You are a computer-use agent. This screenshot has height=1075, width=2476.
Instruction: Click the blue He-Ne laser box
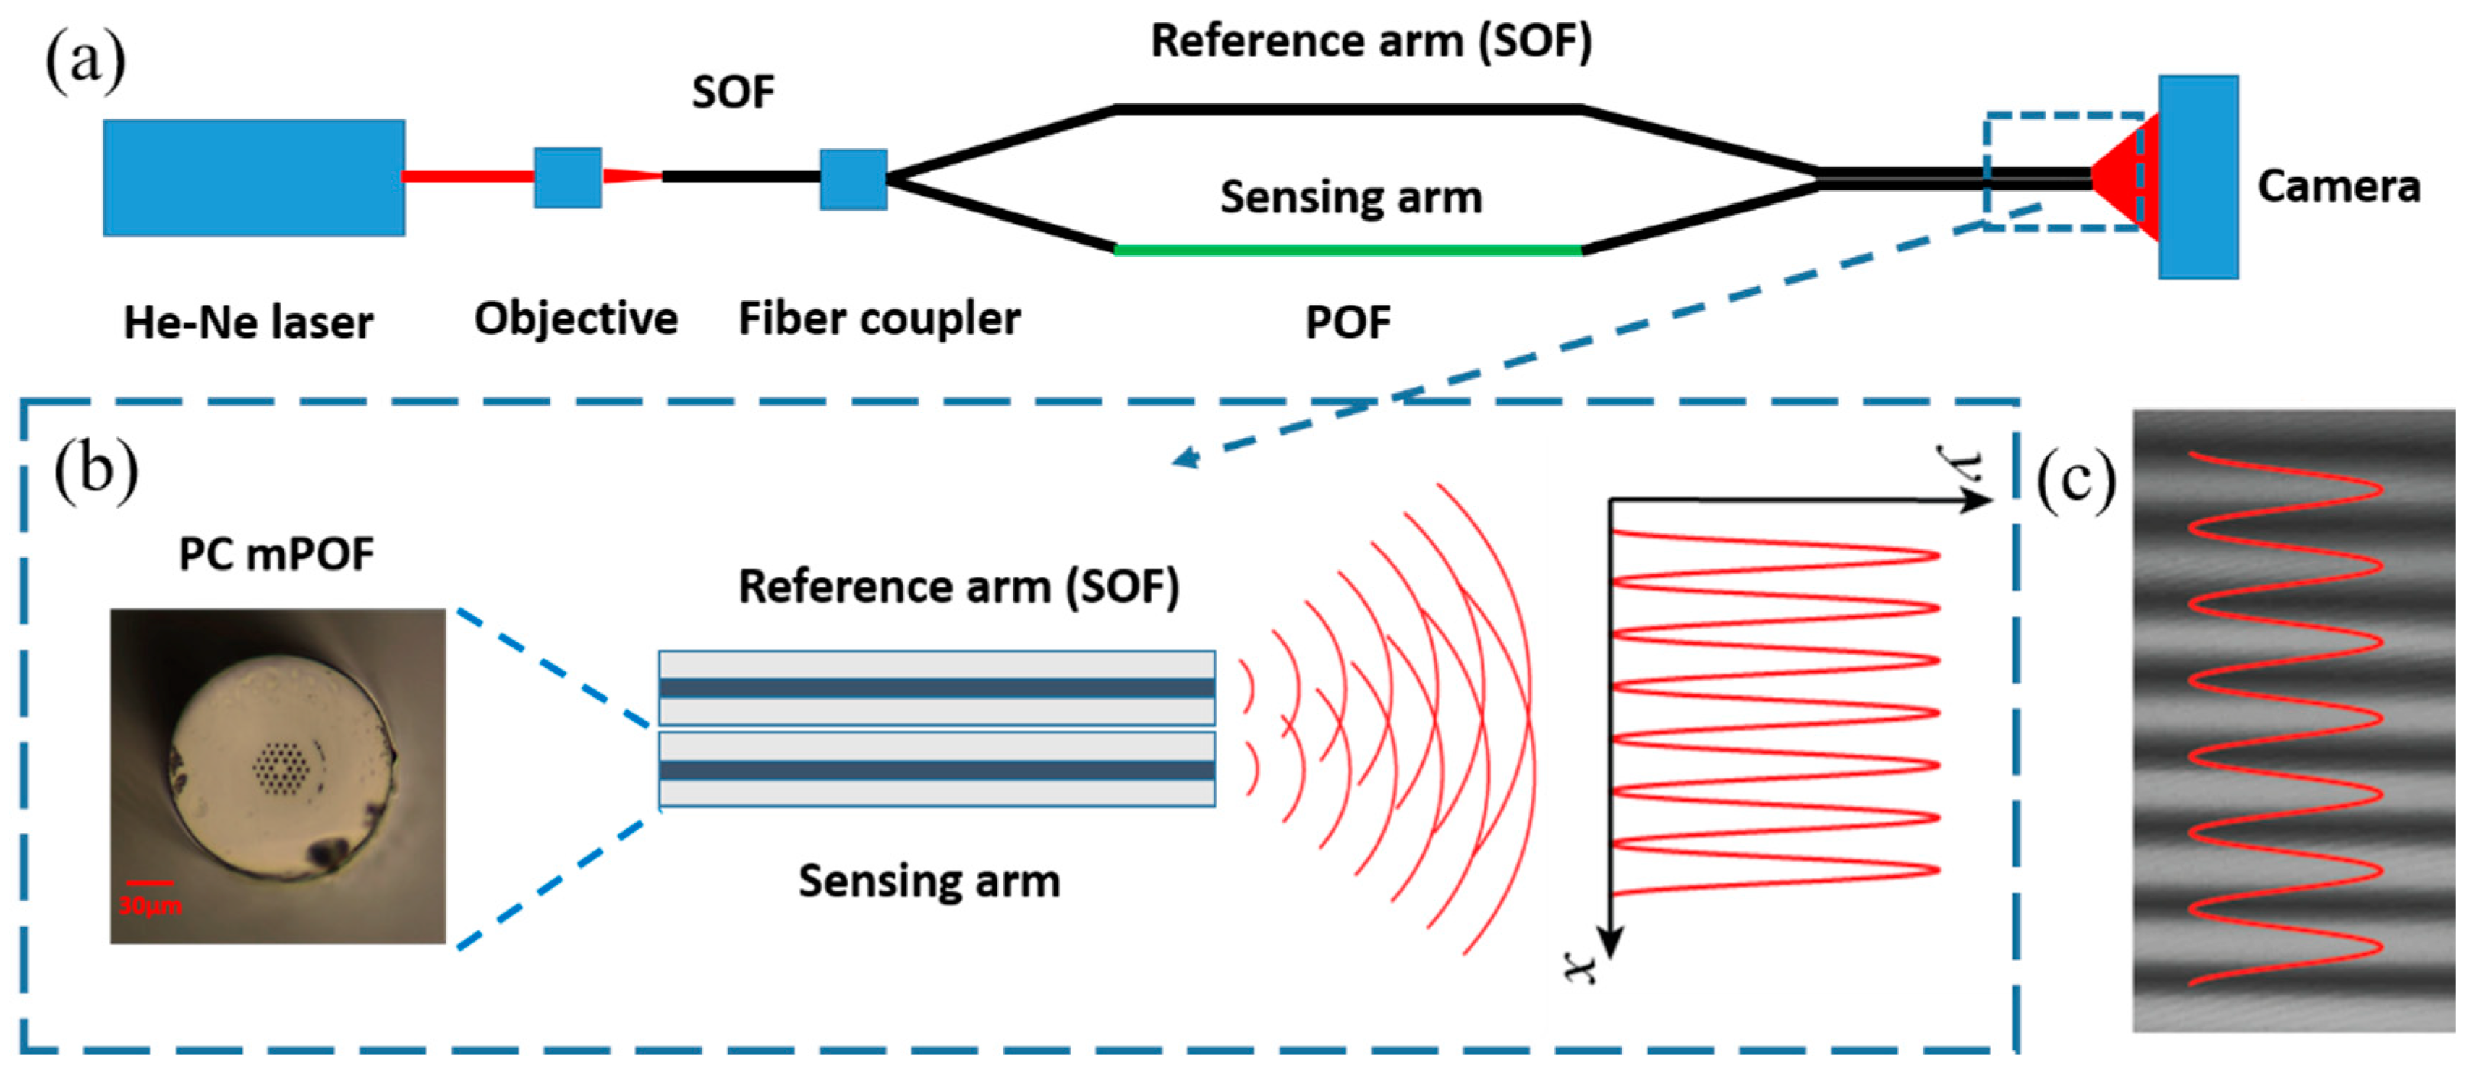pyautogui.click(x=254, y=178)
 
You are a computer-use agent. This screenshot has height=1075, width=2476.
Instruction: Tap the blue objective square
pyautogui.click(x=567, y=178)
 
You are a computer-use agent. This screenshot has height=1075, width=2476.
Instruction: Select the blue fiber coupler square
pyautogui.click(x=853, y=179)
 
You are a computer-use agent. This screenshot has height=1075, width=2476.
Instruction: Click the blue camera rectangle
pyautogui.click(x=2198, y=178)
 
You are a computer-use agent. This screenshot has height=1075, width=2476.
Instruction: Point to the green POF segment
pyautogui.click(x=1348, y=250)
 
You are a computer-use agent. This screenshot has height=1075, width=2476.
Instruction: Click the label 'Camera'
pyautogui.click(x=2338, y=187)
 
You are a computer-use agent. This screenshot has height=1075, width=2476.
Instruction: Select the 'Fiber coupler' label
pyautogui.click(x=879, y=319)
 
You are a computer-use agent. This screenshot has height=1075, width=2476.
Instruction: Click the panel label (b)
pyautogui.click(x=95, y=471)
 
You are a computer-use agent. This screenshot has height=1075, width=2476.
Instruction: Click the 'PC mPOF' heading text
pyautogui.click(x=277, y=555)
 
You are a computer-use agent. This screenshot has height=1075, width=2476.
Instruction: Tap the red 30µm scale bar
pyautogui.click(x=150, y=882)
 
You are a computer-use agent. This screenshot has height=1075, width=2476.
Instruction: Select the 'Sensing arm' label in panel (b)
pyautogui.click(x=929, y=882)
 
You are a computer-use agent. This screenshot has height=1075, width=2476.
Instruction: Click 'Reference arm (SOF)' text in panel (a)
pyautogui.click(x=1371, y=41)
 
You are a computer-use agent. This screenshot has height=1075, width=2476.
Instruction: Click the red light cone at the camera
pyautogui.click(x=2126, y=178)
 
